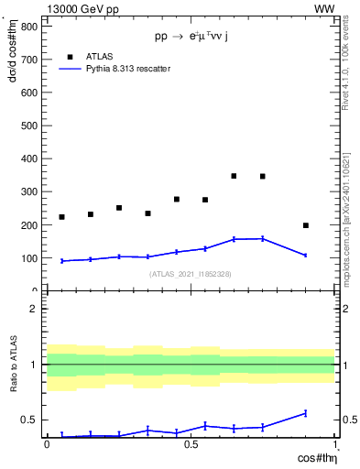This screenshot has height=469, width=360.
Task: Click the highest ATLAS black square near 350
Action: (235, 176)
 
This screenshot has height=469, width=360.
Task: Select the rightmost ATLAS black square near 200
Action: (306, 225)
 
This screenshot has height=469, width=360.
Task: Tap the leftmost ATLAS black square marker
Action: (61, 217)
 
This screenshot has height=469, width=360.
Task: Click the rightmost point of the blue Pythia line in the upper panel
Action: (306, 256)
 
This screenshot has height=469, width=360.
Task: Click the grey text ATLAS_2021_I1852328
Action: (190, 274)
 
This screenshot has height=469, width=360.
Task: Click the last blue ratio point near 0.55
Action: (306, 413)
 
